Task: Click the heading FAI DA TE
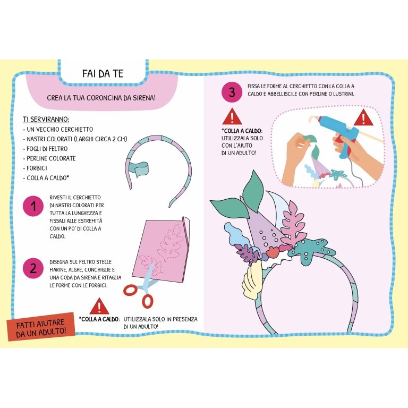103,74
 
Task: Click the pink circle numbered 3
231,93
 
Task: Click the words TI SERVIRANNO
46,120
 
